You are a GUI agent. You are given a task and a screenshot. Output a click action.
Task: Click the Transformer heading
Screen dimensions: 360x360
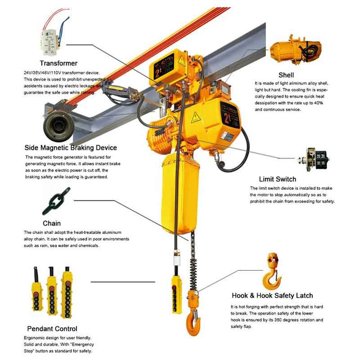58,63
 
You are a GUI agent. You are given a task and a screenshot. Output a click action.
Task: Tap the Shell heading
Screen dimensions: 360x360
286,75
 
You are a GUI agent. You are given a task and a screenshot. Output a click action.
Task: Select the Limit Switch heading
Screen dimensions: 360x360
278,179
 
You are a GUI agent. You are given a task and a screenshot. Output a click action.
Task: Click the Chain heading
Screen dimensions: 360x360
52,223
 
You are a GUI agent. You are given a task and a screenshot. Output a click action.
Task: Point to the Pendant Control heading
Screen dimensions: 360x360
52,328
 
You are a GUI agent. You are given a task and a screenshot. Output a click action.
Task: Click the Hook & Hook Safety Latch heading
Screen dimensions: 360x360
272,296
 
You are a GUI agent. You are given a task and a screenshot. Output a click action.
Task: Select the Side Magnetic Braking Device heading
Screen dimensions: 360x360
71,148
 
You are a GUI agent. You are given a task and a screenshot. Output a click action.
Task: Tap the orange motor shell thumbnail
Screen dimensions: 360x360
296,50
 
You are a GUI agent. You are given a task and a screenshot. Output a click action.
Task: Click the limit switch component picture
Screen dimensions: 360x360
314,160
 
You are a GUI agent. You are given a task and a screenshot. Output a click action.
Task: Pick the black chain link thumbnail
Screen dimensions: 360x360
57,201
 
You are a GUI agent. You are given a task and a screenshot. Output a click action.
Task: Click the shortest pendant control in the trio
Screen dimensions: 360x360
36,289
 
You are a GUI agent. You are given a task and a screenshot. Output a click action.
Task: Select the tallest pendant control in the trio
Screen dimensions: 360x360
67,292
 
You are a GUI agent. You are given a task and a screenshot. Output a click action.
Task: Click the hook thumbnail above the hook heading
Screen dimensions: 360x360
272,272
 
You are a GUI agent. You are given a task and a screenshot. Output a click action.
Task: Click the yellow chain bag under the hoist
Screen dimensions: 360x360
180,193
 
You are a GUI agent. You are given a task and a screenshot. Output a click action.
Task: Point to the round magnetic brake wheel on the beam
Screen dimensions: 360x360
58,126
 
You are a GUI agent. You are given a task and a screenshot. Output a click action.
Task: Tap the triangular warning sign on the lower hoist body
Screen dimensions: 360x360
196,117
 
